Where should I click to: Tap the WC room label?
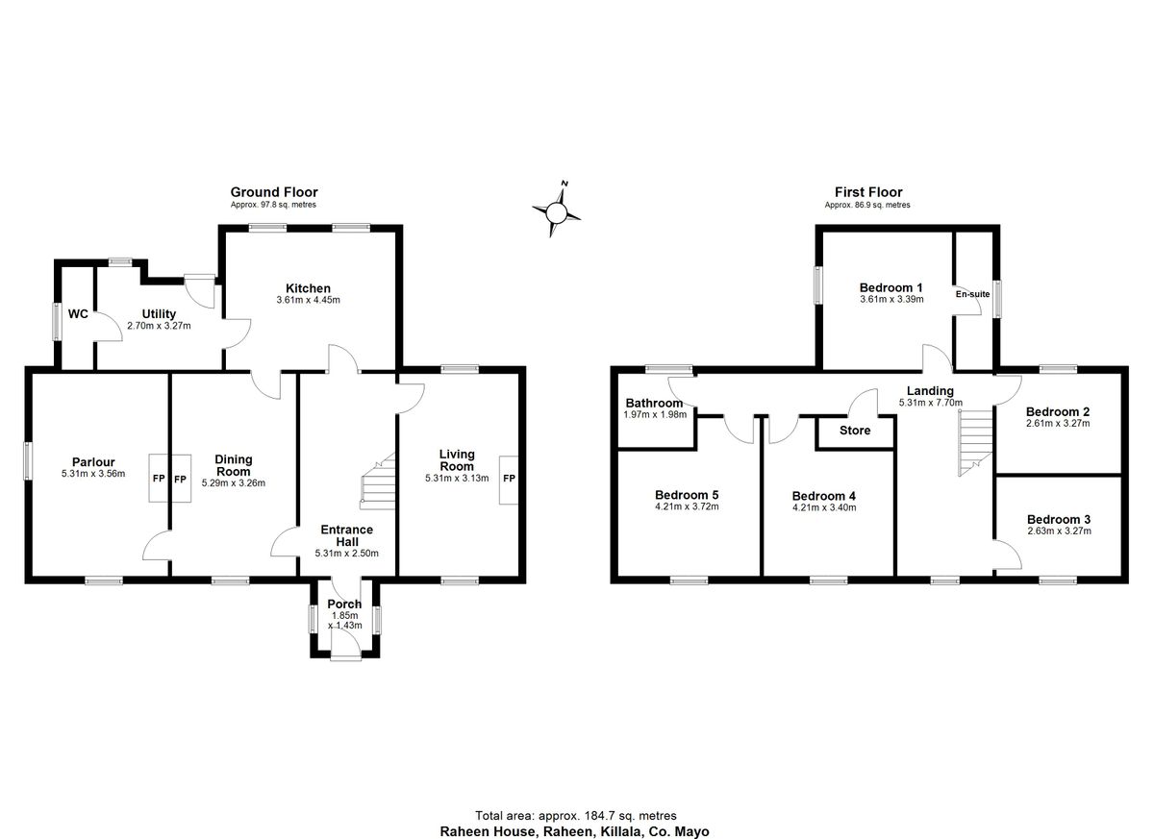pyautogui.click(x=79, y=313)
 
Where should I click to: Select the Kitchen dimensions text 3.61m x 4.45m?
pyautogui.click(x=308, y=300)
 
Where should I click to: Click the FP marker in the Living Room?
pyautogui.click(x=509, y=479)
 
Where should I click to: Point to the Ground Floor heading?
pyautogui.click(x=273, y=192)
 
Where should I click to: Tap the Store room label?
pyautogui.click(x=855, y=431)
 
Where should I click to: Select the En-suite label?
pyautogui.click(x=971, y=296)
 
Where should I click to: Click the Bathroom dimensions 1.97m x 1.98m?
pyautogui.click(x=654, y=414)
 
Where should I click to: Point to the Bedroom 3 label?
pyautogui.click(x=1058, y=518)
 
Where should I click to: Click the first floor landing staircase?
pyautogui.click(x=974, y=443)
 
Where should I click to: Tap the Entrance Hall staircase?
pyautogui.click(x=379, y=481)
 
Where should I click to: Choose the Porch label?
pyautogui.click(x=345, y=605)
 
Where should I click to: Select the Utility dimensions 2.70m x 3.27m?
pyautogui.click(x=159, y=325)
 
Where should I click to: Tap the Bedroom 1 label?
pyautogui.click(x=891, y=287)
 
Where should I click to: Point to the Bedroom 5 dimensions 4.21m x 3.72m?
pyautogui.click(x=687, y=506)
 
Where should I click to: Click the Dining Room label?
pyautogui.click(x=233, y=465)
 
